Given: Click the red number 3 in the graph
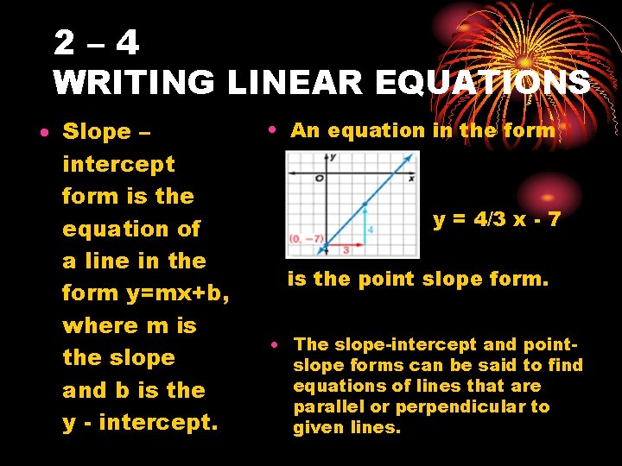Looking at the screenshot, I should (x=345, y=249).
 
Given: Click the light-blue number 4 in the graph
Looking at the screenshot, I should (x=370, y=230).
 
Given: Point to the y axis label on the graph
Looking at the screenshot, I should (x=333, y=157).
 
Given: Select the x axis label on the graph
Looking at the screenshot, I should (x=411, y=178).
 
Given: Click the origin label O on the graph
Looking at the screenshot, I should (x=319, y=178).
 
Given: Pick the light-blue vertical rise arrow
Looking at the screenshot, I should (x=364, y=227).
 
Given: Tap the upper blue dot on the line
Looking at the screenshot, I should (x=364, y=204).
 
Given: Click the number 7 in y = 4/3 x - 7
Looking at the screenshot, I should (x=554, y=220).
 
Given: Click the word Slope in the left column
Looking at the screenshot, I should (x=96, y=132).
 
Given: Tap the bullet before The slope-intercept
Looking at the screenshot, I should (x=272, y=345).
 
